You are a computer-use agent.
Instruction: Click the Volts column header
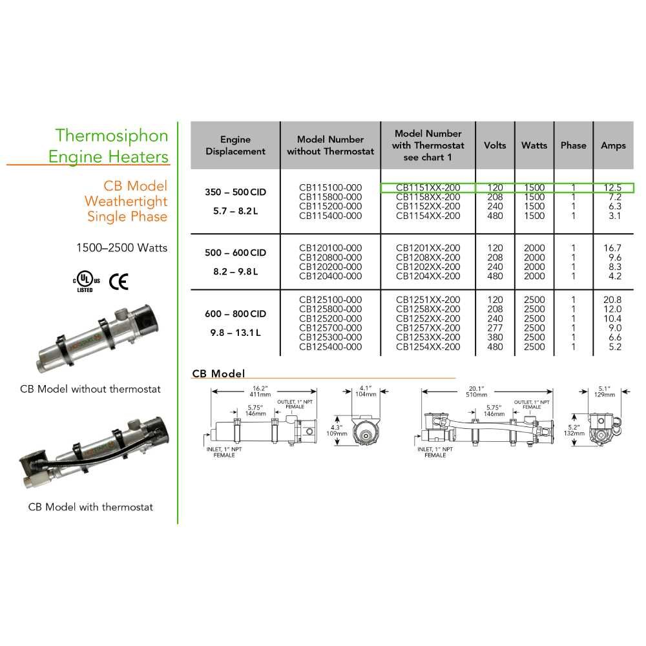495,145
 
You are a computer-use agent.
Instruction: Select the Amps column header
613,145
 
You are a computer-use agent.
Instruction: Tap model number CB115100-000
330,187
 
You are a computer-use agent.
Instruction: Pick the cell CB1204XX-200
428,276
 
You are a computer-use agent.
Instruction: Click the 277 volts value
495,328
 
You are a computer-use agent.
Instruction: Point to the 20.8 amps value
612,300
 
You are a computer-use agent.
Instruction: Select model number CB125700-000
330,328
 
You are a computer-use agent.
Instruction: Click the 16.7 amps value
612,248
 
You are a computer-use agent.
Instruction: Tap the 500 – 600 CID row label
235,253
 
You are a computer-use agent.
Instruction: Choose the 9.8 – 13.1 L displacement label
235,333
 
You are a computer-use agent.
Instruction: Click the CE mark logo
119,282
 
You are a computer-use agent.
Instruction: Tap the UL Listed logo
86,282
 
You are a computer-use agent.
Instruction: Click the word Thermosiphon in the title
112,136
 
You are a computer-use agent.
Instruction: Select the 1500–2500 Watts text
122,247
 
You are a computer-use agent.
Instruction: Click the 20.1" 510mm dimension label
476,391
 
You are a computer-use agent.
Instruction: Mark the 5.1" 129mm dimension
605,391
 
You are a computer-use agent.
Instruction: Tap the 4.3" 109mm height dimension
337,430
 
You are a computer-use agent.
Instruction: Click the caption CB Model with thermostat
90,506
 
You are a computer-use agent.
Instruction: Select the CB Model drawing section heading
218,373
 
